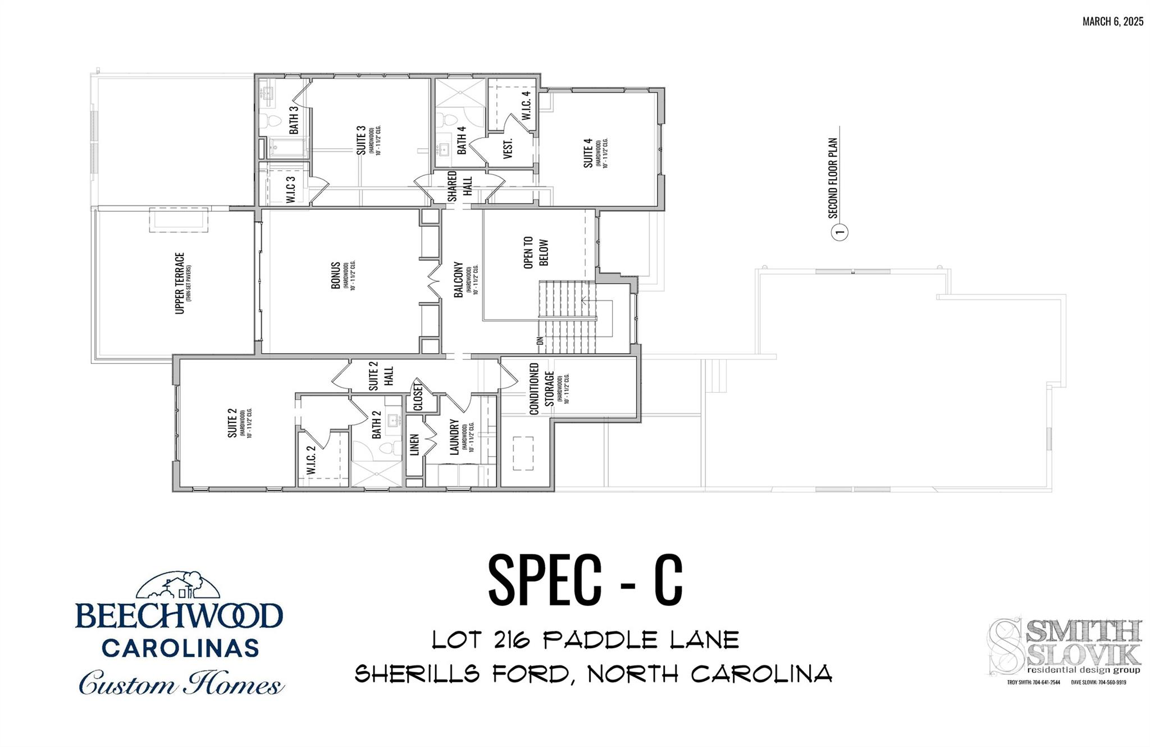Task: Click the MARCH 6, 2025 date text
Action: point(1112,22)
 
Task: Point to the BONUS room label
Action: point(336,275)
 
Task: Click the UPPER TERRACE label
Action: point(180,283)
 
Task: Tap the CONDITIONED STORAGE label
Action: point(541,389)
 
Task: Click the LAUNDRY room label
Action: point(455,437)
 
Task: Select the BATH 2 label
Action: point(377,425)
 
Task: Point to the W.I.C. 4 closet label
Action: point(526,105)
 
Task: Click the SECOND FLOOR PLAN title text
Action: point(833,177)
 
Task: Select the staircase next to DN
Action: point(566,317)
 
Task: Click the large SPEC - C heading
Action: point(585,580)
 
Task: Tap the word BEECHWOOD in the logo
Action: point(179,616)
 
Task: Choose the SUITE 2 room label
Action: point(232,423)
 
